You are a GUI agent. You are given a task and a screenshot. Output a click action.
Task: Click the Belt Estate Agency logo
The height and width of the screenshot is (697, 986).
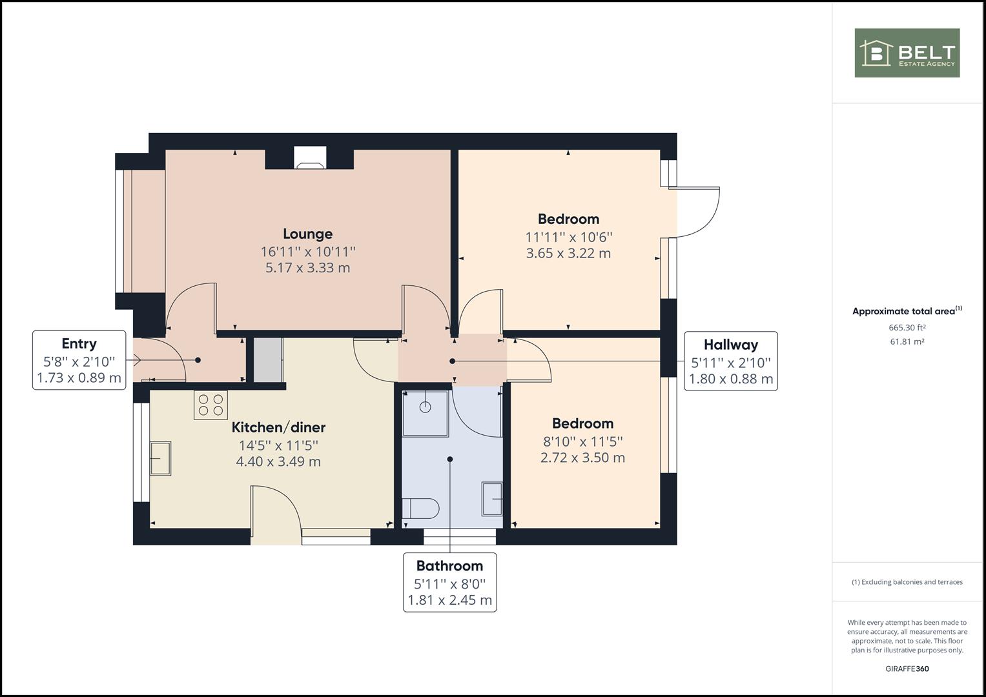click(907, 53)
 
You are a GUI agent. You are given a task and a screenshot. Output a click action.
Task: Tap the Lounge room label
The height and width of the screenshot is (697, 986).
click(308, 234)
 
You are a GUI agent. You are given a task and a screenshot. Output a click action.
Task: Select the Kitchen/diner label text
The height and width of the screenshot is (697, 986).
click(279, 427)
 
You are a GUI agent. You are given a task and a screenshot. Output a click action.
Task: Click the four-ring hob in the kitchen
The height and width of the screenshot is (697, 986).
click(211, 405)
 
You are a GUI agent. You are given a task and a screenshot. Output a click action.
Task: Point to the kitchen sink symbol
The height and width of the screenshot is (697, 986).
click(160, 458)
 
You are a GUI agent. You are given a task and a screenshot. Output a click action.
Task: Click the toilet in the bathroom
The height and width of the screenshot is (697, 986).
click(421, 509)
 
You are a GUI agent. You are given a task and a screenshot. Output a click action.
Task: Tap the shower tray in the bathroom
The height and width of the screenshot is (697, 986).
click(426, 413)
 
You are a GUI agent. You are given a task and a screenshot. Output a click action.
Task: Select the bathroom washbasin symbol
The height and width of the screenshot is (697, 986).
click(492, 498)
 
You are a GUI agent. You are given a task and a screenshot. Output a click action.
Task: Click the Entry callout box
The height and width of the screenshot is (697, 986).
click(79, 360)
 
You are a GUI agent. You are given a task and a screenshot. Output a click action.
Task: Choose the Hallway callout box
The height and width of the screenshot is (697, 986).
click(731, 361)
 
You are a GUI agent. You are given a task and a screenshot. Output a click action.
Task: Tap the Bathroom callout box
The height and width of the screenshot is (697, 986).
click(450, 583)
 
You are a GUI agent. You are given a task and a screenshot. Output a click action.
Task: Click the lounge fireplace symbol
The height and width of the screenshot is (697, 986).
click(311, 158)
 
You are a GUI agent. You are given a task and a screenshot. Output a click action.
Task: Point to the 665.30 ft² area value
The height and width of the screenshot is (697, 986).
click(907, 327)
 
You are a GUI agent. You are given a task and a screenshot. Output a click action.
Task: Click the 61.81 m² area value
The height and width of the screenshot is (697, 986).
click(907, 341)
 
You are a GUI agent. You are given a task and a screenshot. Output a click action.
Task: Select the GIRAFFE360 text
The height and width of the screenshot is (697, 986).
click(907, 669)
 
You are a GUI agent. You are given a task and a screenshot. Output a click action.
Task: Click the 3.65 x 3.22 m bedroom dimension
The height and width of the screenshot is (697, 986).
click(568, 254)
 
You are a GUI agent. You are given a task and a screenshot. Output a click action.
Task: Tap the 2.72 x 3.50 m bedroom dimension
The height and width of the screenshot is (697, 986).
click(583, 458)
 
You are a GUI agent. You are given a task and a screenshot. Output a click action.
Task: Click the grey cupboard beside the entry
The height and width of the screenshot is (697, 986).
click(268, 360)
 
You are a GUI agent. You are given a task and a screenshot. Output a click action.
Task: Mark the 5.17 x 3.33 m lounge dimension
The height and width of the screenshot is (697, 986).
click(308, 268)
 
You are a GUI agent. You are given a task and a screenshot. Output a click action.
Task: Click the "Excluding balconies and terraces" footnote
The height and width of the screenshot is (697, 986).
click(907, 582)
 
